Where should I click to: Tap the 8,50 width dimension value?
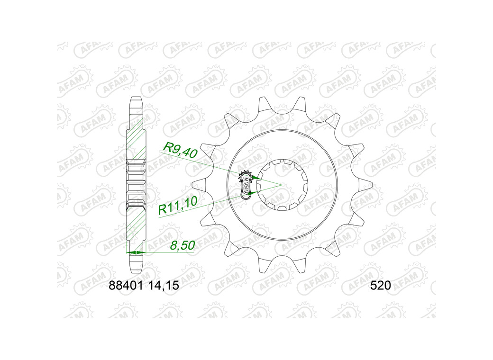tap(183, 245)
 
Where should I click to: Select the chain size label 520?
tap(381, 285)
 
